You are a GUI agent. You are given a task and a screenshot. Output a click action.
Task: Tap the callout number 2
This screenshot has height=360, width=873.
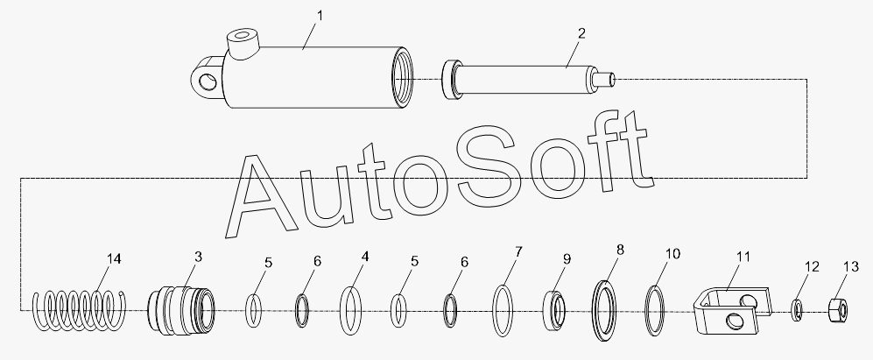(x=581, y=33)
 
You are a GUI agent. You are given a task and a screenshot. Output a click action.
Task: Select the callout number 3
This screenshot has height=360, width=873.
(x=197, y=256)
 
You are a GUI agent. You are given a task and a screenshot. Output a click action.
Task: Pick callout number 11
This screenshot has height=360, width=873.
(x=743, y=258)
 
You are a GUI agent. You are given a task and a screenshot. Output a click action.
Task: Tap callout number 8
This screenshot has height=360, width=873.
(x=620, y=250)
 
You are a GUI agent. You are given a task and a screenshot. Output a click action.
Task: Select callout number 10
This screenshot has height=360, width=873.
(x=672, y=254)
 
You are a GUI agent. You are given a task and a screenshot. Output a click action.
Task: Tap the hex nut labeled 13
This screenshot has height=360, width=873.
(x=835, y=308)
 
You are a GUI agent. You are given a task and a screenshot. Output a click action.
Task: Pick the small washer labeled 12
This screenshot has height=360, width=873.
(x=798, y=309)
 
